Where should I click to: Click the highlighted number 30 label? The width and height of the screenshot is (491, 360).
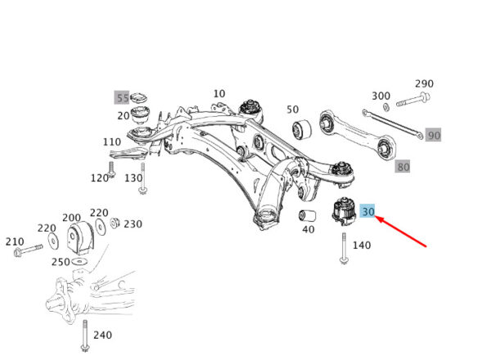[x=368, y=212]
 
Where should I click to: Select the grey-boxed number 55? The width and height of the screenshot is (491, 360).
[x=122, y=98]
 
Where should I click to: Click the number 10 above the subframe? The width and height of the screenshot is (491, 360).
[x=219, y=94]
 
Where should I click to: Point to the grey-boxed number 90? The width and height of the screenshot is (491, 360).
[x=434, y=135]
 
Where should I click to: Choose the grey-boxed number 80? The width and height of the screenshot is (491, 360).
[x=403, y=167]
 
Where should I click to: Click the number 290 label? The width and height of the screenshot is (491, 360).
[x=424, y=84]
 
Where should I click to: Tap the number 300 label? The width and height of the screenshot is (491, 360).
[x=381, y=96]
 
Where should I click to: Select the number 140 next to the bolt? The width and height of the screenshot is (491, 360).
[x=362, y=245]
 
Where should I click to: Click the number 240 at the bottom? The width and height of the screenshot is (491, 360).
[x=101, y=335]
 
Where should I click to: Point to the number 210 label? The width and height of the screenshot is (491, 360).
[x=15, y=241]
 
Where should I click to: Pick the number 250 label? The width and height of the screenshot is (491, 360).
[x=60, y=262]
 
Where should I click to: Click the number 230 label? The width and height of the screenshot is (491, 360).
[x=133, y=224]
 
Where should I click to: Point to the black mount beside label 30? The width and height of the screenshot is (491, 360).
[x=342, y=212]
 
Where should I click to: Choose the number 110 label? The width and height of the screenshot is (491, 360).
[x=112, y=142]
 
